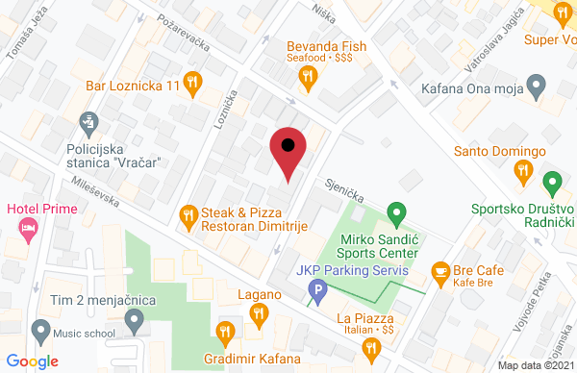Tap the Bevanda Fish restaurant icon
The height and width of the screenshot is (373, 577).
tap(308, 79)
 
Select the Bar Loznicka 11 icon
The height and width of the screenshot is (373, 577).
tap(192, 84)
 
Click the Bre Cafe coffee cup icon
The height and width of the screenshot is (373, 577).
tap(441, 272)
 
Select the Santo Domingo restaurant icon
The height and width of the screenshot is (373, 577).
tap(523, 171)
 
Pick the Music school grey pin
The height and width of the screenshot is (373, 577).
tap(39, 331)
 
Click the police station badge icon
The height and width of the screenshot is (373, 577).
tap(89, 122)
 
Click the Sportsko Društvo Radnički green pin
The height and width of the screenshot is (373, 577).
tap(552, 181)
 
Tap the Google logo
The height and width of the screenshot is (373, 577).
tap(34, 361)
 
